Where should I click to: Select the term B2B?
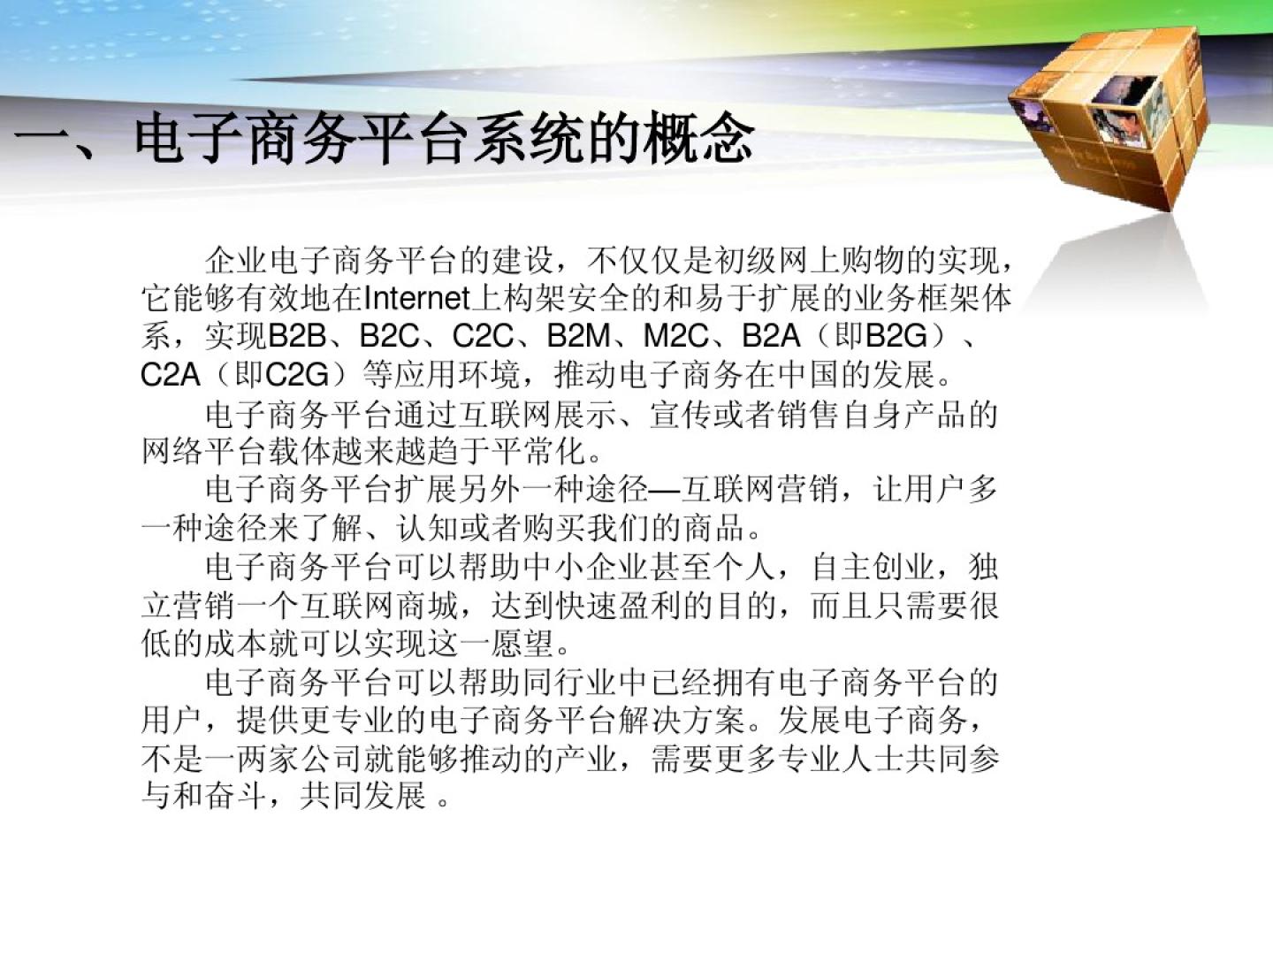pyautogui.click(x=298, y=336)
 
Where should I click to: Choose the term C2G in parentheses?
pyautogui.click(x=297, y=375)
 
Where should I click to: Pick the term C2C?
pyautogui.click(x=483, y=336)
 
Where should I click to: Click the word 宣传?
pyautogui.click(x=682, y=416)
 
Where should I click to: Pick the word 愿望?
pyautogui.click(x=522, y=643)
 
